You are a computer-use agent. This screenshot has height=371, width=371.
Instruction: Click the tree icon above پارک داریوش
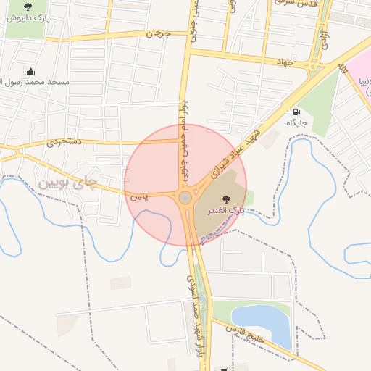[x=28, y=7]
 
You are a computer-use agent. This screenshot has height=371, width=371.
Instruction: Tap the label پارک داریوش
[x=28, y=17]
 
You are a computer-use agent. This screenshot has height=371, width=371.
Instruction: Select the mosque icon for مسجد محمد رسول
[x=30, y=71]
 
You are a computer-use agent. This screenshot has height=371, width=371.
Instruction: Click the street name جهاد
[x=282, y=62]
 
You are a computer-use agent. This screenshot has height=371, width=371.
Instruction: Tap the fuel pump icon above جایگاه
[x=296, y=112]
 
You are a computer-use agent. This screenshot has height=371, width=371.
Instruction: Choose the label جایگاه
[x=296, y=123]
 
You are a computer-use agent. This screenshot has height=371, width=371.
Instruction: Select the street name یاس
[x=138, y=196]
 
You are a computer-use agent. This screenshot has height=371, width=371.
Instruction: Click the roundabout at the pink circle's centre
[x=185, y=197]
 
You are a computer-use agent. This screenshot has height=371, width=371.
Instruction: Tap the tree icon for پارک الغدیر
[x=226, y=197]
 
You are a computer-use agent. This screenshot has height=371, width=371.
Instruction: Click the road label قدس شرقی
[x=293, y=3]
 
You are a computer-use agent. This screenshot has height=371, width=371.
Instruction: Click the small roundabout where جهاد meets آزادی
[x=314, y=70]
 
